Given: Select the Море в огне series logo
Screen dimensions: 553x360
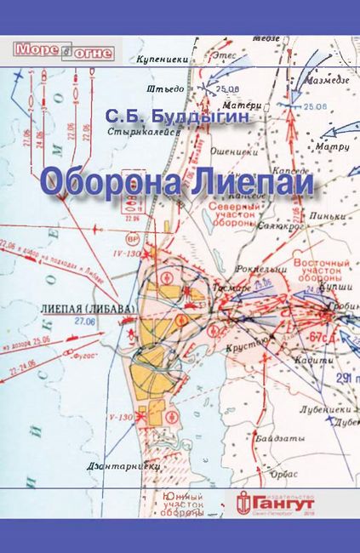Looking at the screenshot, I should click(50, 52).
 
